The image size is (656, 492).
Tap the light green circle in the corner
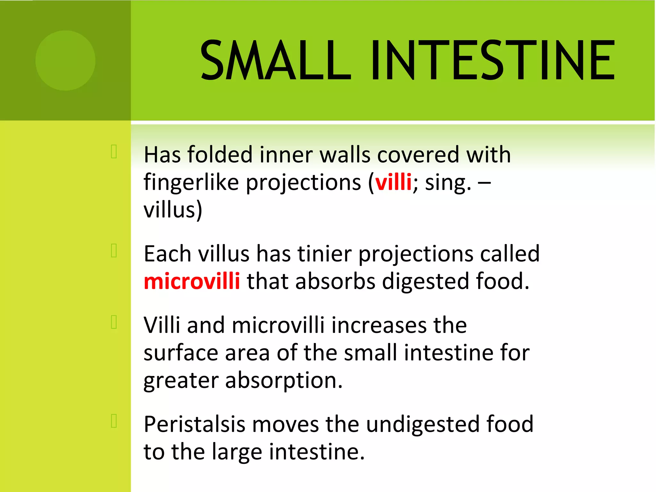(65, 61)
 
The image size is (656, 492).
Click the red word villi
(393, 182)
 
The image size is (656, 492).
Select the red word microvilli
(192, 281)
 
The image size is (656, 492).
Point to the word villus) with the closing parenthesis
(173, 210)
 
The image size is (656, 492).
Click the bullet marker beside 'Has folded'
(114, 152)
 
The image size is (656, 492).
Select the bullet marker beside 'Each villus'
(114, 250)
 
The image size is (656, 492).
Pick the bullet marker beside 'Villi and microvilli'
(114, 322)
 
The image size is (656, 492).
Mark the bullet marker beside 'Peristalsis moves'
(114, 421)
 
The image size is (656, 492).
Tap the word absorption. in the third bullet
(284, 381)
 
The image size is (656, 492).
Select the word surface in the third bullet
(181, 353)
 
